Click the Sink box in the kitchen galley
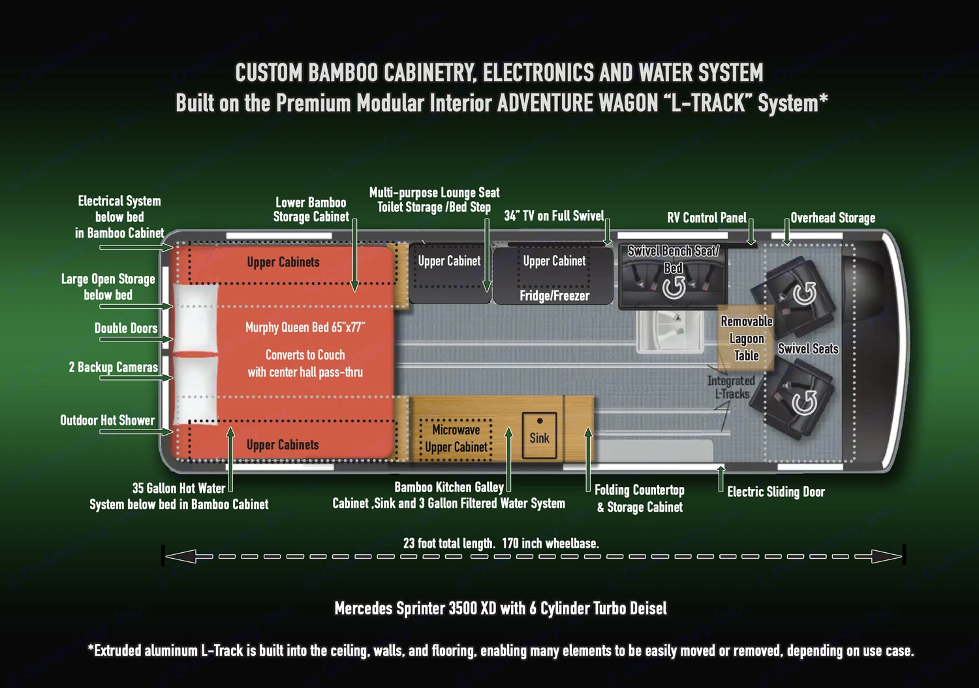(539, 435)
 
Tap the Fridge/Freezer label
(554, 296)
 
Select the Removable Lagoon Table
(746, 338)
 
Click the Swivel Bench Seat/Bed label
(673, 258)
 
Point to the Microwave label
(456, 430)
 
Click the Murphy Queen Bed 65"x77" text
(305, 327)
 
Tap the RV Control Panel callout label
(706, 218)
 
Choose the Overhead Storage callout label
(833, 218)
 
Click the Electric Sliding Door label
(776, 492)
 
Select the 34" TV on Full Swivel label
(554, 216)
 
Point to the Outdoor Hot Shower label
(108, 420)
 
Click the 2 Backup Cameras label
(114, 367)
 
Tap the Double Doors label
(126, 328)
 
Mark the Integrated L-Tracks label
(731, 387)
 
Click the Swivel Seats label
(808, 349)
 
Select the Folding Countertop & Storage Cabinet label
(640, 498)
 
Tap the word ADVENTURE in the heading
(578, 103)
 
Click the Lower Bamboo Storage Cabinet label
(311, 210)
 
